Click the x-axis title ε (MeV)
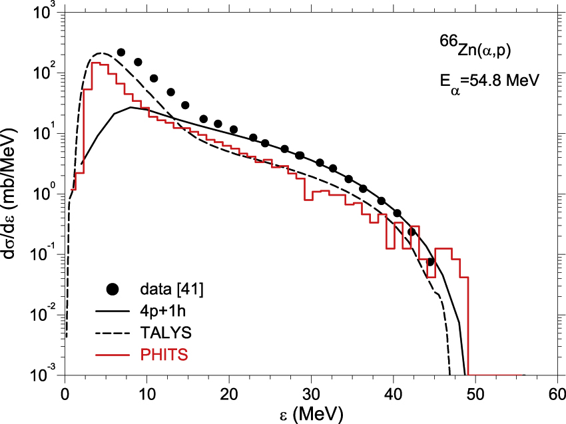point(311,413)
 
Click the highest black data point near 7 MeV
point(121,52)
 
